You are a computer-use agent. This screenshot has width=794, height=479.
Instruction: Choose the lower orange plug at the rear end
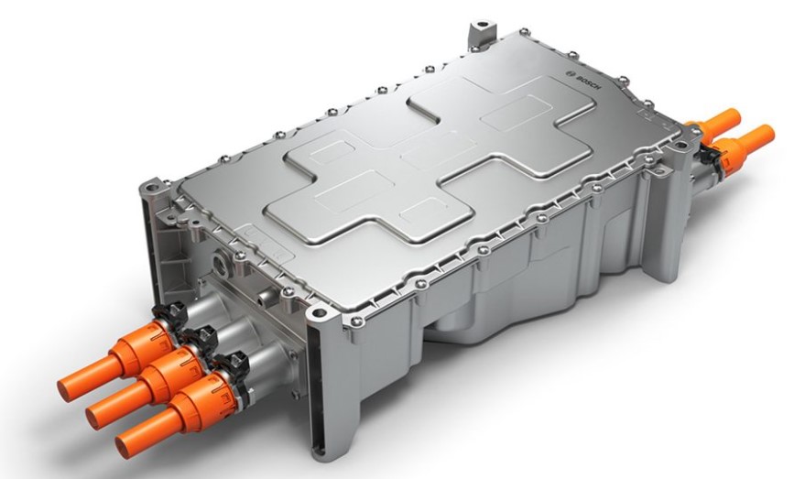tap(740, 146)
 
